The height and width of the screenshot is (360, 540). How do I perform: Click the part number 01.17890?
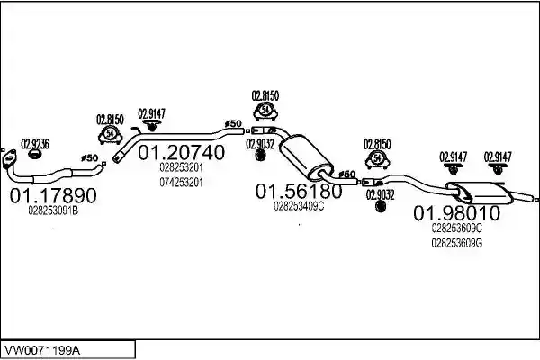(53, 195)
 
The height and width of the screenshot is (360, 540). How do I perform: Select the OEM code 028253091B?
(53, 211)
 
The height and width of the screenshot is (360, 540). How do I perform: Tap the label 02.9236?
(35, 144)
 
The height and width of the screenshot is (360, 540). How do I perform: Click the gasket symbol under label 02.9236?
(34, 155)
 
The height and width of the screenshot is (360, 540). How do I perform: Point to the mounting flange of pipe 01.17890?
(9, 159)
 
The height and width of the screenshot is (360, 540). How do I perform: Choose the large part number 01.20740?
(181, 152)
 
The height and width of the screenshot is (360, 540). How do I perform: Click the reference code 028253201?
(181, 167)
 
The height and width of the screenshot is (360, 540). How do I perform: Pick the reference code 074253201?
(181, 182)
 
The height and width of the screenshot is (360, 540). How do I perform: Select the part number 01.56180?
(299, 191)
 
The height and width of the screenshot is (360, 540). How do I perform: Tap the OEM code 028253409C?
(299, 206)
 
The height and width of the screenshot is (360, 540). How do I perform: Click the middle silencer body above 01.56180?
(306, 157)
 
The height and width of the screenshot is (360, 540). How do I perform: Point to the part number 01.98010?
(456, 213)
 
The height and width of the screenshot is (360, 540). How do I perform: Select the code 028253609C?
(456, 228)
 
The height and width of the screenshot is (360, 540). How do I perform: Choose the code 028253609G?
(456, 243)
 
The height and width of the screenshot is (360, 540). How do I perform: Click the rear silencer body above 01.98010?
(481, 193)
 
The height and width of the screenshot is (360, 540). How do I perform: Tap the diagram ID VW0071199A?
(42, 351)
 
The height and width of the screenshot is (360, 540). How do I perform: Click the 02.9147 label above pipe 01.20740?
(151, 113)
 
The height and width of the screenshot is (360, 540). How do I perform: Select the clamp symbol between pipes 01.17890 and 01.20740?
(110, 135)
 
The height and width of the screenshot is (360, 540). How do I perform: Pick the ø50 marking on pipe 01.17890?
(89, 158)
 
